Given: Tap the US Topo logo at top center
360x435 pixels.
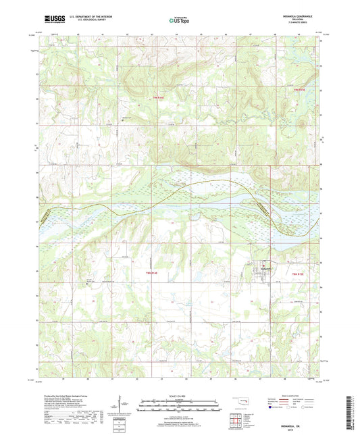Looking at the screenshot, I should click(179, 20).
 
